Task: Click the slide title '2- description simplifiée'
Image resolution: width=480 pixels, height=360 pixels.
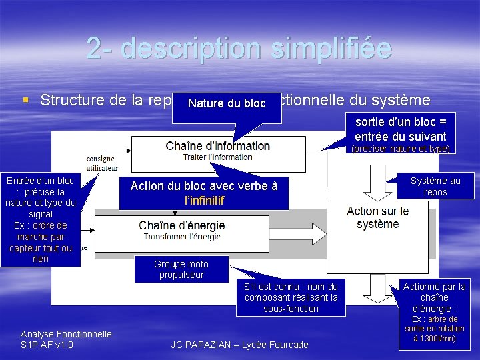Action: (239, 49)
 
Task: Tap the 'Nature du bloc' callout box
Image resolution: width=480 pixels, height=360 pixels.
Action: (227, 104)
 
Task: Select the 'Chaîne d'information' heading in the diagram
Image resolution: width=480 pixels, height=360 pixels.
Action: (218, 146)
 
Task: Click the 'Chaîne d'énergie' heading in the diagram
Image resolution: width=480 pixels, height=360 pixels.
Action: (182, 226)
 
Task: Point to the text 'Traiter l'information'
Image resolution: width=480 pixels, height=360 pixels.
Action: (218, 157)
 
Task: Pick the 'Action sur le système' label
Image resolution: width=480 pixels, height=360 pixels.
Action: (377, 218)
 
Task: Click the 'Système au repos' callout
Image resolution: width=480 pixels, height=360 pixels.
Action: (435, 187)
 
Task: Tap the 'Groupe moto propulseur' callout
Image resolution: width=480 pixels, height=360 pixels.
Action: (181, 269)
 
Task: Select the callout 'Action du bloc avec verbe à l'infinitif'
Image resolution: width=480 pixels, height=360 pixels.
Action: (204, 193)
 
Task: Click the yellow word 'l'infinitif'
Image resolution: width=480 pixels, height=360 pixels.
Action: (204, 200)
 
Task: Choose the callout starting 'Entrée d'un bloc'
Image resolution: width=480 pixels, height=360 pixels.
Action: (40, 219)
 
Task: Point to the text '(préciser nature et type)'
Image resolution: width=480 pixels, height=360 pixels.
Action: (401, 149)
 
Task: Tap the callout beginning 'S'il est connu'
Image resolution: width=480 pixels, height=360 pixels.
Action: (291, 297)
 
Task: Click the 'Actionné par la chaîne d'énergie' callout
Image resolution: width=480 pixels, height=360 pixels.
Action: (435, 297)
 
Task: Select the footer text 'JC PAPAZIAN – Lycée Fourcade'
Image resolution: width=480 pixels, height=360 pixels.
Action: (239, 345)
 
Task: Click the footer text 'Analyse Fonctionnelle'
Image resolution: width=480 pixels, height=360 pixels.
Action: (66, 334)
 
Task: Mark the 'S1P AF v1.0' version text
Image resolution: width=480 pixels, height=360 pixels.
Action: (47, 345)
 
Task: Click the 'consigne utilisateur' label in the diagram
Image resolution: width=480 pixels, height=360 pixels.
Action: (100, 163)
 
